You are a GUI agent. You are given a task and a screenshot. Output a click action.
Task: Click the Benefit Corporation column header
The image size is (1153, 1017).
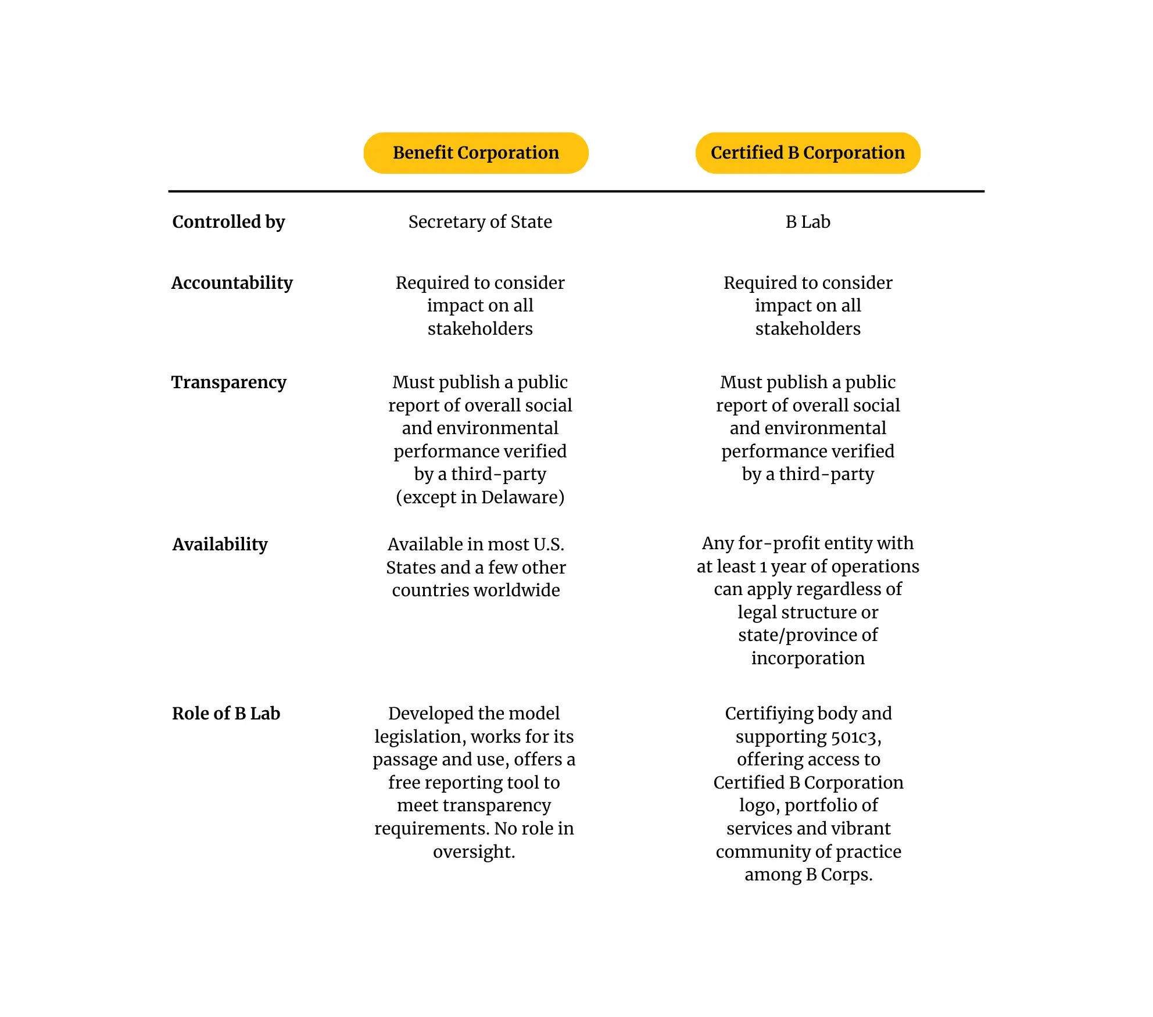476,153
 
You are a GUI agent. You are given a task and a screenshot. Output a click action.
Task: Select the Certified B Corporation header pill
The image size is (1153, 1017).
808,153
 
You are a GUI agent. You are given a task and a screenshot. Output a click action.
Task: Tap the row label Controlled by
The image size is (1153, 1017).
228,222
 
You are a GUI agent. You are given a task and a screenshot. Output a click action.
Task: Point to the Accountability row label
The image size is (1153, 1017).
232,283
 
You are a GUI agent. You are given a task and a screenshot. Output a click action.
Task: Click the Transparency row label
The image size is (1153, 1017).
229,382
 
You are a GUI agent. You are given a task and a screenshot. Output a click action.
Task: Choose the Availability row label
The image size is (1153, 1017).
220,545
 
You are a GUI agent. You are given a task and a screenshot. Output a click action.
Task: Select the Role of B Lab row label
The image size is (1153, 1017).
226,714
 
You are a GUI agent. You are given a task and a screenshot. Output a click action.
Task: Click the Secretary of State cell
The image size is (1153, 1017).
480,222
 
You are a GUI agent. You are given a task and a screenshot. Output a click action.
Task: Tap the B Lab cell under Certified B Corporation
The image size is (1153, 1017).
808,222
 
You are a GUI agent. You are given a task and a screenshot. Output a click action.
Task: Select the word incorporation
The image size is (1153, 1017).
808,658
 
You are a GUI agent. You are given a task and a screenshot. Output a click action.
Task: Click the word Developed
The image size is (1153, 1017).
430,714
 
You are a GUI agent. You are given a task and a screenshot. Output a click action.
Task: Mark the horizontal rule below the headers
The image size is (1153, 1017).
576,191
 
